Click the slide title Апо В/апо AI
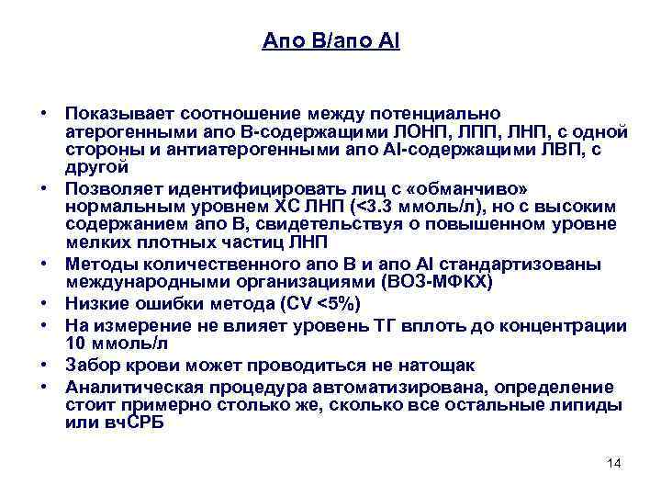(330, 40)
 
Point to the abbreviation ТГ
(405, 325)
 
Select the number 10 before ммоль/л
(75, 344)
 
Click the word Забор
(88, 365)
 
